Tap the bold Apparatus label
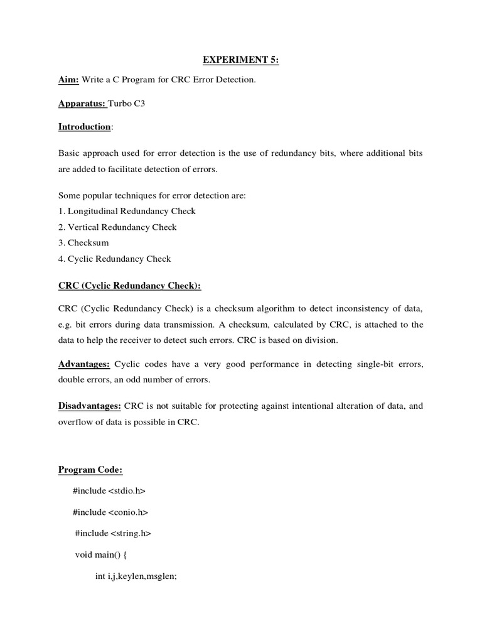point(82,104)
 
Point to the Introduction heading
point(85,127)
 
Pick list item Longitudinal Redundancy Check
point(127,211)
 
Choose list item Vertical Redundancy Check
point(117,227)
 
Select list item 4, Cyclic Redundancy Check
point(114,259)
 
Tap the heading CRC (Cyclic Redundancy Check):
point(130,286)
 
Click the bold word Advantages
point(84,364)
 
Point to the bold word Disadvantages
point(90,406)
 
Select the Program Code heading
point(90,470)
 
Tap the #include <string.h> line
point(113,534)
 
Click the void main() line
point(101,555)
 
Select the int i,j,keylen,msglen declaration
point(137,576)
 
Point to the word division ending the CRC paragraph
point(322,340)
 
